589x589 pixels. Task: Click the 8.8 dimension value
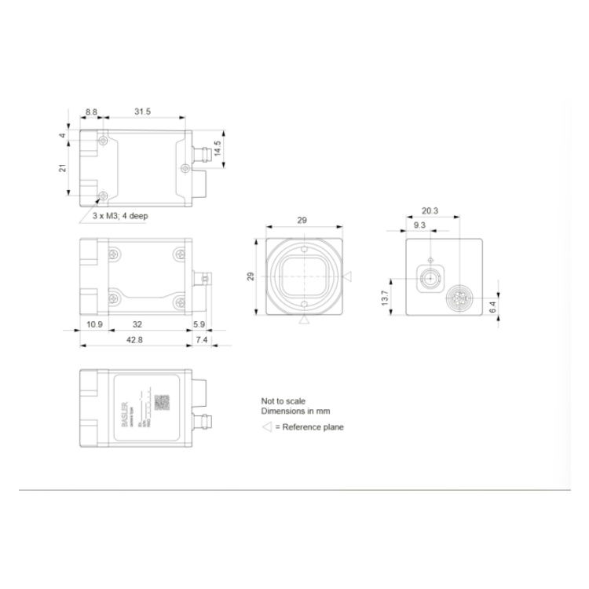click(x=91, y=112)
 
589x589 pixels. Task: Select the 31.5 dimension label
click(x=142, y=112)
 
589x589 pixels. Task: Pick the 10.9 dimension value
click(x=94, y=323)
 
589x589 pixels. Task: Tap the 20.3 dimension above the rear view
click(x=430, y=210)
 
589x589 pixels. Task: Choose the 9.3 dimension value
click(x=420, y=225)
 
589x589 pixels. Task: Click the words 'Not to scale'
click(x=284, y=400)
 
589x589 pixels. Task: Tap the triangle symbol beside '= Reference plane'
click(x=266, y=427)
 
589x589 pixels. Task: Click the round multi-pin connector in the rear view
click(x=457, y=298)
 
